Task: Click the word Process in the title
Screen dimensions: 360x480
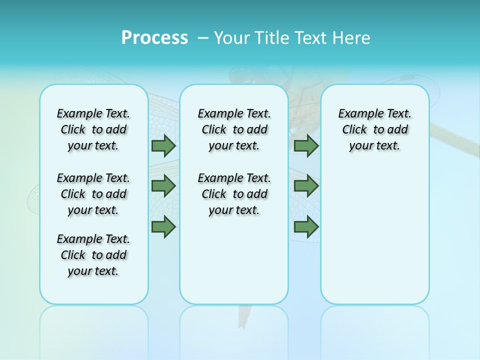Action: [154, 38]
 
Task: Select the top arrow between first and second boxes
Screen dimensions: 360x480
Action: [163, 146]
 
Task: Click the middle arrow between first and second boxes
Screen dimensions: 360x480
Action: [163, 186]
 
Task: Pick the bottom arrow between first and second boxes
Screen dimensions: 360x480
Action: [163, 227]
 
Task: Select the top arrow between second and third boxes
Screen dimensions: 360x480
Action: [306, 146]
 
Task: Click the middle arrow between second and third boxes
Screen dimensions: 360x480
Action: [306, 186]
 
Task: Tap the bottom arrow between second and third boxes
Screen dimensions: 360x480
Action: [306, 227]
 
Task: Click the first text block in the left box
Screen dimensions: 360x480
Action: [93, 129]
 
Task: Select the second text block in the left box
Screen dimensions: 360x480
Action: [93, 194]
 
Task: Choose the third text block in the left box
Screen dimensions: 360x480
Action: [93, 255]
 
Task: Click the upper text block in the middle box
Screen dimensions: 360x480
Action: [234, 129]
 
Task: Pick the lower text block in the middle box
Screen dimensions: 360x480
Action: [234, 194]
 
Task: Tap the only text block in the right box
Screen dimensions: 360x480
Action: [375, 129]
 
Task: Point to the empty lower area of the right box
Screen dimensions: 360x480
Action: [375, 235]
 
